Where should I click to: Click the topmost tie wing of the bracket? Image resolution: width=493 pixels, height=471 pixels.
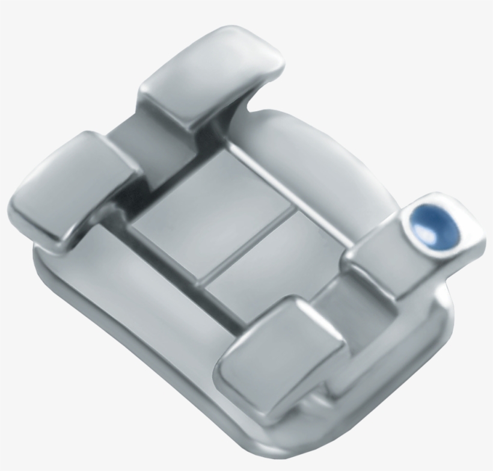pyautogui.click(x=210, y=78)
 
